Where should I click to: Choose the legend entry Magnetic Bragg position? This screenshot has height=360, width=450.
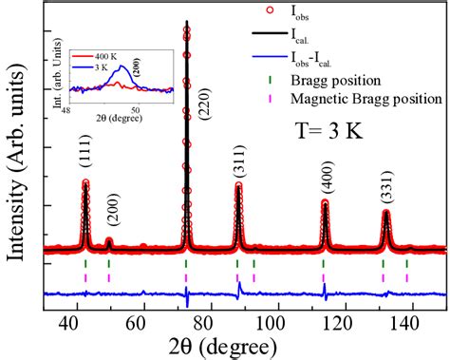[x=384, y=98]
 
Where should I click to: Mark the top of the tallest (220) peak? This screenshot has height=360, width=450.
[x=186, y=21]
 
